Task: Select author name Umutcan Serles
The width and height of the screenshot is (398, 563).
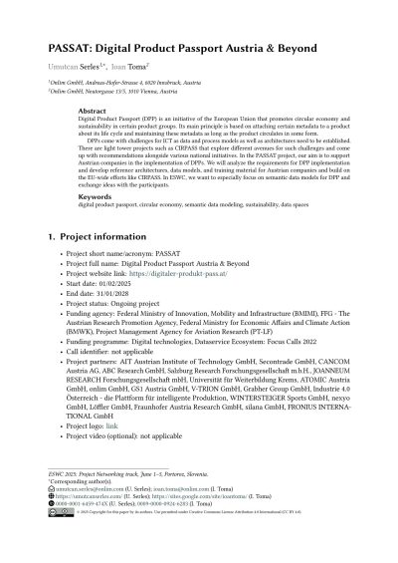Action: tap(71, 71)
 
